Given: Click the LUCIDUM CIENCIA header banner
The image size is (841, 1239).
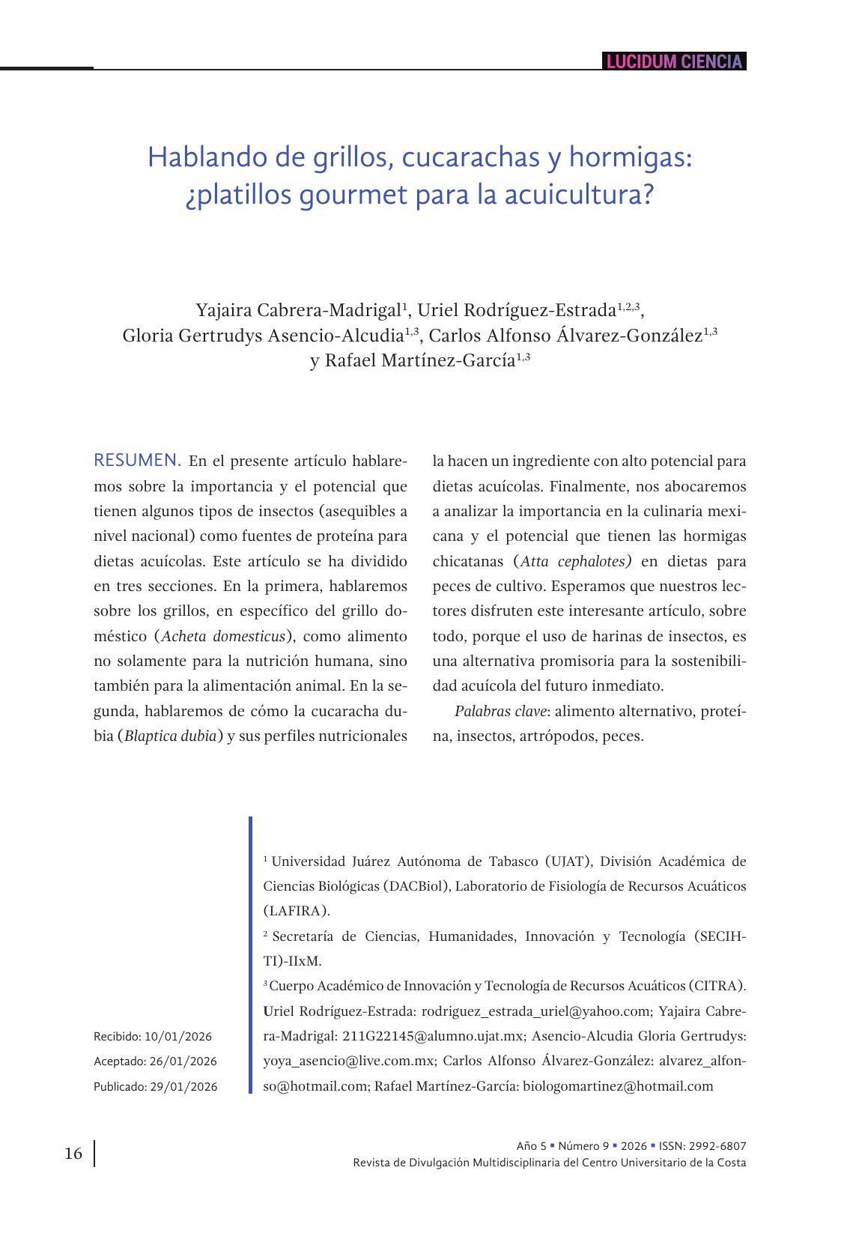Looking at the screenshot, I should click(674, 61).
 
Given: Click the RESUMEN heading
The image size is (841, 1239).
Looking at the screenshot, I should click(137, 460).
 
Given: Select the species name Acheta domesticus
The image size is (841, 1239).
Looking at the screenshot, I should click(224, 636).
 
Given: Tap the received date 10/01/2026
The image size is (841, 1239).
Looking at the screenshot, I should click(178, 1037).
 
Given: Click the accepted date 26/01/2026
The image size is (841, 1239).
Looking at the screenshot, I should click(183, 1061).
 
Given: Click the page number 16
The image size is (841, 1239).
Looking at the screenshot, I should click(73, 1153).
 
